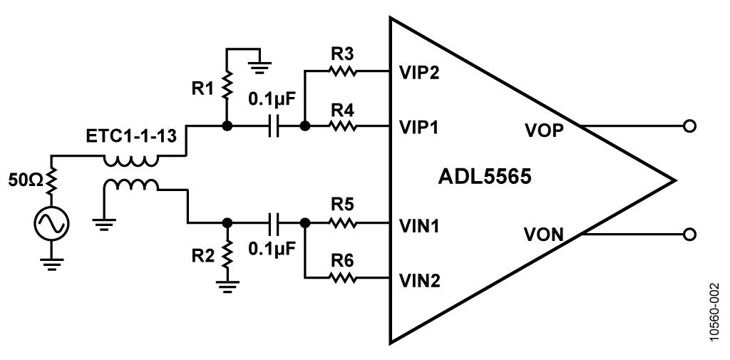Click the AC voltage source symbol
[x=51, y=224]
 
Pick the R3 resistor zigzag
[x=343, y=71]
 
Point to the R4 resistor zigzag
[x=343, y=125]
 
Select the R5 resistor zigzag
[x=343, y=224]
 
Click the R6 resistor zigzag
[x=343, y=278]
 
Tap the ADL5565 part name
[x=485, y=177]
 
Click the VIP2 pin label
[x=419, y=73]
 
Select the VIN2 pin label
[x=419, y=281]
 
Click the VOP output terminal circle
[x=689, y=125]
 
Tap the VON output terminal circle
[x=689, y=234]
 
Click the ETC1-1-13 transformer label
[x=131, y=136]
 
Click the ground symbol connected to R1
[x=262, y=68]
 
